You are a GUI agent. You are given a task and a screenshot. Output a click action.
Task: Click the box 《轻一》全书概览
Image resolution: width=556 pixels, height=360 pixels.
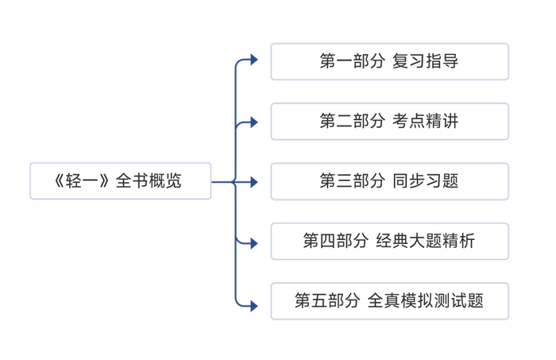[x=120, y=181]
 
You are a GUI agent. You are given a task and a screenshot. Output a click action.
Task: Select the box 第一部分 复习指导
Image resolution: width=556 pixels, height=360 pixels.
[x=389, y=62]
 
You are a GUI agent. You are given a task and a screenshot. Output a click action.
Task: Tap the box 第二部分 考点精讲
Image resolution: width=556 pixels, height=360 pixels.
[x=389, y=122]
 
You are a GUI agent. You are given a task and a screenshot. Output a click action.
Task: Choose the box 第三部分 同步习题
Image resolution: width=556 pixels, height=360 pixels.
[x=389, y=181]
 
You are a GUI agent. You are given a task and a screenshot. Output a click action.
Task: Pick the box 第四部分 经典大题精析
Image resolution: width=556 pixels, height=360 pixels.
[x=389, y=241]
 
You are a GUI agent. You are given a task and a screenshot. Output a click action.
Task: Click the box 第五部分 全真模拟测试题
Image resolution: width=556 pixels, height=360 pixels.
[x=389, y=301]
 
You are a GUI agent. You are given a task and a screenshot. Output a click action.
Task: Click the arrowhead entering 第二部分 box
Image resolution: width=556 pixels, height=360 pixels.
[x=253, y=122]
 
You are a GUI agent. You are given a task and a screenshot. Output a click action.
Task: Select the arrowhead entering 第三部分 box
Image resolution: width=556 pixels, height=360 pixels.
[x=253, y=182]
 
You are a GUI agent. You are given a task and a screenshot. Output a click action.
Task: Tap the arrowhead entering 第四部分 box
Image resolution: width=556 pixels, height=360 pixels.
[x=253, y=242]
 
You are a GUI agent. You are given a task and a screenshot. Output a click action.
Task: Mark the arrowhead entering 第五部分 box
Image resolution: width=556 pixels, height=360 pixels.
[x=253, y=303]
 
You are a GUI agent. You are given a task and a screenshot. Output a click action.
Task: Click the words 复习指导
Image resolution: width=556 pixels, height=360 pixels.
[x=426, y=62]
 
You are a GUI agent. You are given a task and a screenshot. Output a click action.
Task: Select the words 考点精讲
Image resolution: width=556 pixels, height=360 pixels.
[x=426, y=122]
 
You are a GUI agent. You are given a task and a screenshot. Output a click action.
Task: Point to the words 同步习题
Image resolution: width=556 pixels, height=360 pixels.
[x=426, y=181]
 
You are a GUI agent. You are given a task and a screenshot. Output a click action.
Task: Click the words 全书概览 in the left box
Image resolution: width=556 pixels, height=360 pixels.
[x=149, y=181]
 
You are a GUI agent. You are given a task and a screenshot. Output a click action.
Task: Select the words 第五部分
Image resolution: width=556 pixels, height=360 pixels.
[x=326, y=301]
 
